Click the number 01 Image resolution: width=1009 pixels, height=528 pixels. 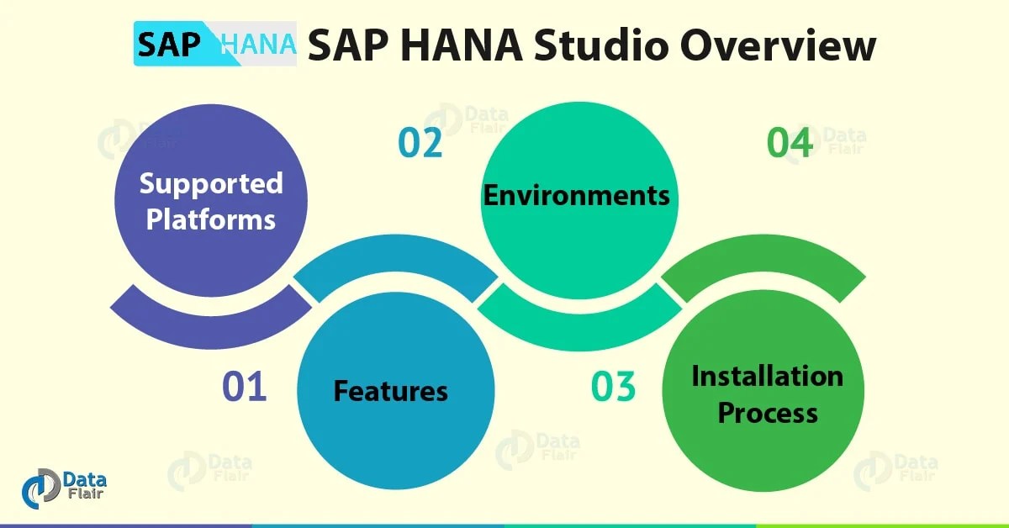(x=244, y=387)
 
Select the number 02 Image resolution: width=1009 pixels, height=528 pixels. (x=420, y=142)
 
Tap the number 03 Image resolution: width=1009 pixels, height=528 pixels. (x=613, y=387)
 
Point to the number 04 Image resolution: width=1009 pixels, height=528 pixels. (x=790, y=142)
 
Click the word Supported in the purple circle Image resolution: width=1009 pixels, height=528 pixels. (x=211, y=183)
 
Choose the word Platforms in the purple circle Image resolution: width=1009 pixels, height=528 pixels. (x=211, y=219)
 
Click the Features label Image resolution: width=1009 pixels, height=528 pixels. (x=391, y=391)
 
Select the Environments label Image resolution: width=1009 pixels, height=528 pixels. (x=576, y=195)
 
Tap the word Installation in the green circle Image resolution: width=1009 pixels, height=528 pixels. (x=767, y=376)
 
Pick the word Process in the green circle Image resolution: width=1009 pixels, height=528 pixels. (x=767, y=413)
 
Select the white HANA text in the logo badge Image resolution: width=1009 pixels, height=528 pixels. (x=257, y=45)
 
